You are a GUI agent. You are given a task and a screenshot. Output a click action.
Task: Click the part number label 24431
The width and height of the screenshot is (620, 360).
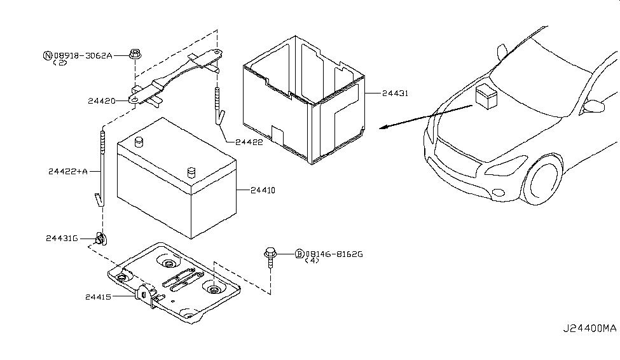[x=395, y=93]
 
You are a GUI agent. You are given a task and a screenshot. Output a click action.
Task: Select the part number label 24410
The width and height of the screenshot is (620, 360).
[x=263, y=190]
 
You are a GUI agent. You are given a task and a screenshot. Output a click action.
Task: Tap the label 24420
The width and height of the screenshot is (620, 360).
[x=102, y=101]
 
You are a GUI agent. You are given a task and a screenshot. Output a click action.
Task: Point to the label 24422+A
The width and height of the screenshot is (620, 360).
[x=68, y=171]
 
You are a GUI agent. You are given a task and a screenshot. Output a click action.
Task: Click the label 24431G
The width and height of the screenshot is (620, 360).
[x=62, y=238]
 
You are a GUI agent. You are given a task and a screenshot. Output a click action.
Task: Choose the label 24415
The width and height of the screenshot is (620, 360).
[x=98, y=296]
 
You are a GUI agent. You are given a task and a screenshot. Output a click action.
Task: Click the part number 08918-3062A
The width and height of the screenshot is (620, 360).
[x=83, y=56]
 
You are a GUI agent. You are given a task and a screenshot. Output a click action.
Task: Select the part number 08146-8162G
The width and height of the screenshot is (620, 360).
[x=334, y=254]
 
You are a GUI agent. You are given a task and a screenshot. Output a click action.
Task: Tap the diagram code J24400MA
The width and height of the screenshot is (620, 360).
[x=590, y=328]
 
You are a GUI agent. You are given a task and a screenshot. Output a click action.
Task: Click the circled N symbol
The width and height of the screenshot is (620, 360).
[x=48, y=56]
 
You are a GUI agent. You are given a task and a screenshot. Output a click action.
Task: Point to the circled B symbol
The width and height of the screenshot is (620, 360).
[x=300, y=254]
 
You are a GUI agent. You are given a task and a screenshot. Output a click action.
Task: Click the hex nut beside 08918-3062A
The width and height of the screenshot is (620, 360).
[x=135, y=54]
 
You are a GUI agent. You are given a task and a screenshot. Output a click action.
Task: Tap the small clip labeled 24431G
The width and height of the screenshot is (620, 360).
[x=101, y=239]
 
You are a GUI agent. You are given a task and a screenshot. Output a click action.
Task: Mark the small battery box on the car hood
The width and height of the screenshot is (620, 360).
[x=486, y=97]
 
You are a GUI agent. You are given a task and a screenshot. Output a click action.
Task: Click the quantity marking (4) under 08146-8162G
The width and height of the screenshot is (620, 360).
[x=312, y=261]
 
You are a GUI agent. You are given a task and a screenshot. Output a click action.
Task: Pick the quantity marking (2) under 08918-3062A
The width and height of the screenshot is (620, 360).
[x=60, y=62]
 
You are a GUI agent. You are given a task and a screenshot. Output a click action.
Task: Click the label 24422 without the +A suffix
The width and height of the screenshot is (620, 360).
[x=249, y=142]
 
